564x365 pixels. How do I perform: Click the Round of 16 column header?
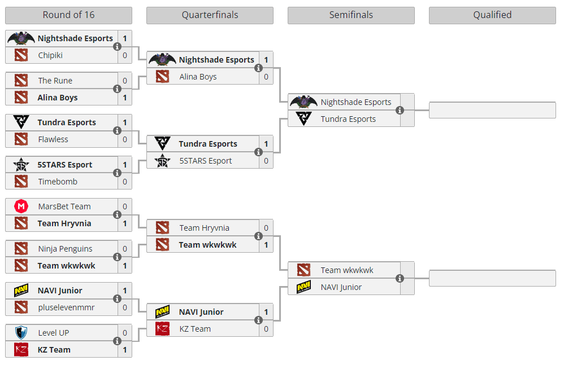click(68, 15)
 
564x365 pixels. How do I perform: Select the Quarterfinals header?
click(210, 15)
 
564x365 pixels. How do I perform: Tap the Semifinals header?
click(351, 15)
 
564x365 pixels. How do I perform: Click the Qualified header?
click(492, 15)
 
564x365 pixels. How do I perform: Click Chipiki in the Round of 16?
click(50, 55)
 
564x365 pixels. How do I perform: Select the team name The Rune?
click(55, 81)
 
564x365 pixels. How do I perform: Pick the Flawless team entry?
click(53, 139)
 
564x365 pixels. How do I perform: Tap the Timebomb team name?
click(58, 182)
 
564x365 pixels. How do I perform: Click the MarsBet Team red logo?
click(21, 206)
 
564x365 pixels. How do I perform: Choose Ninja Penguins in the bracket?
click(65, 249)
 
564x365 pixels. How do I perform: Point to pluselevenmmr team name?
click(66, 307)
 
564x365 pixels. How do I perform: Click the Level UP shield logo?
click(21, 333)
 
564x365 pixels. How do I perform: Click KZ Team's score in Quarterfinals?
click(266, 329)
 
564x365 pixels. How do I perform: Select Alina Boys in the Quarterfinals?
click(198, 77)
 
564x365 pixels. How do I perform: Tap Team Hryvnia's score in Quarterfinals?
click(266, 228)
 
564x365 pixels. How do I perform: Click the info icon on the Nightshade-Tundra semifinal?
click(400, 111)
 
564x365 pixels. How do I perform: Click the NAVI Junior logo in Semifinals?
click(303, 287)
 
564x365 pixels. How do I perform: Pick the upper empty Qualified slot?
click(492, 111)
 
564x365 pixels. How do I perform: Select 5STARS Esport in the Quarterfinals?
click(205, 161)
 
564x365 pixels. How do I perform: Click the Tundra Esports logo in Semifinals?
click(303, 119)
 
